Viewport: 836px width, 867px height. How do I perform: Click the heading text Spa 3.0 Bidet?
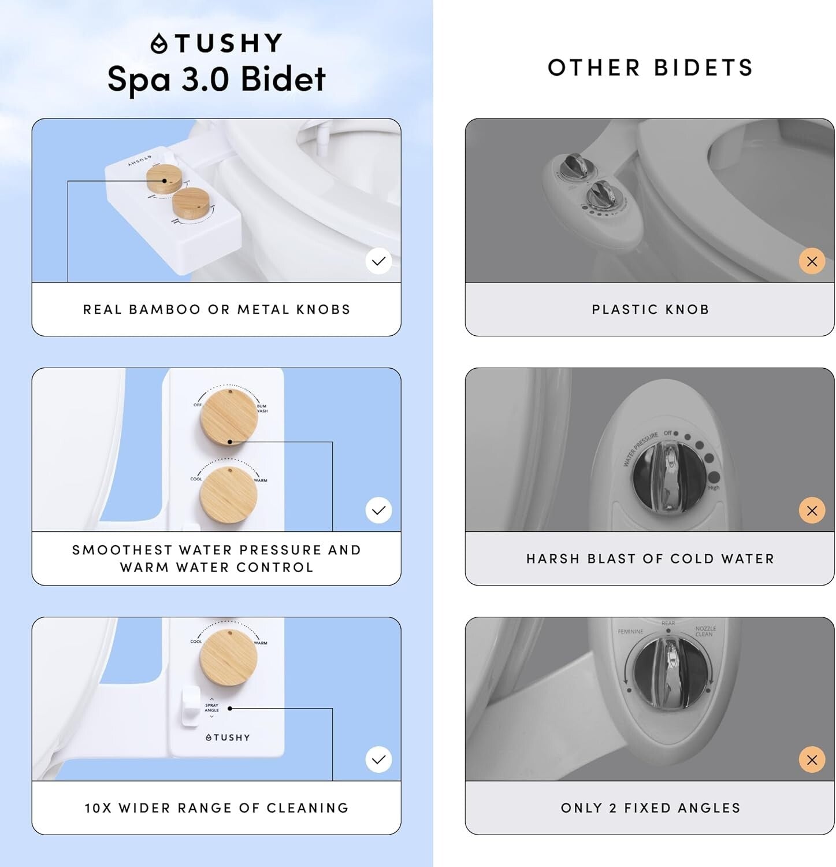tap(217, 79)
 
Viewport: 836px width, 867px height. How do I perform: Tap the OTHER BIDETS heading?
tap(650, 68)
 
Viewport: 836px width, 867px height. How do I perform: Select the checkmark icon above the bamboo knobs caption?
tap(378, 261)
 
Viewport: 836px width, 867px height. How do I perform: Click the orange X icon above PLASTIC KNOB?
tap(812, 261)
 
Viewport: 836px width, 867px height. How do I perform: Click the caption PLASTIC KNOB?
tap(650, 309)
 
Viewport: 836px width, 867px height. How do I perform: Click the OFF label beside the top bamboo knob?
tap(198, 405)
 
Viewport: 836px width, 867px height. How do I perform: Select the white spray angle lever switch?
tap(190, 706)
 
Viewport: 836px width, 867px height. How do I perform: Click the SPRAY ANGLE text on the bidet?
tap(211, 707)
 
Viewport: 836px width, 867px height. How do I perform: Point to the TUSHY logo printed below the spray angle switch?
tap(228, 738)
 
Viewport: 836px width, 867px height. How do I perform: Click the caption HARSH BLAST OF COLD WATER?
tap(650, 559)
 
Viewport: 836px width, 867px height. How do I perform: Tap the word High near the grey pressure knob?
tap(714, 488)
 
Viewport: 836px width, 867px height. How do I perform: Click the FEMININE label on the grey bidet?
tap(630, 632)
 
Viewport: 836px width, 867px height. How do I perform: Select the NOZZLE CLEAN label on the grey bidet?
tap(705, 631)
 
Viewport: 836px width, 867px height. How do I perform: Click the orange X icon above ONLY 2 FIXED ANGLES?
tap(812, 760)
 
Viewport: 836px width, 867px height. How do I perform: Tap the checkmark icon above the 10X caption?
tap(378, 759)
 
